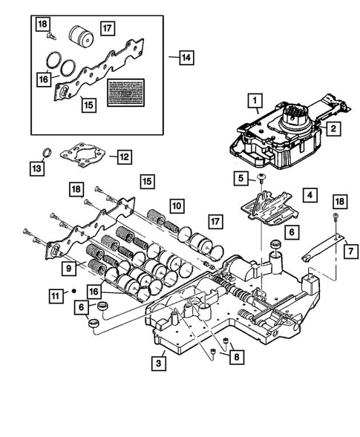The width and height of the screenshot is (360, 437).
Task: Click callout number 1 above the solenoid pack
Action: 254,99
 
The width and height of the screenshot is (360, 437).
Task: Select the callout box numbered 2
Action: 335,128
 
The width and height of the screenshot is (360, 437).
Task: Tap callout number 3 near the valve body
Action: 157,363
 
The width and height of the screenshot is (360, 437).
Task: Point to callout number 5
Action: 240,177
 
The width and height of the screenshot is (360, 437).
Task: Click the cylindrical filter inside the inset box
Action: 78,36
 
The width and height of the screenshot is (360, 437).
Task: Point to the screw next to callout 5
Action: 263,177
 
